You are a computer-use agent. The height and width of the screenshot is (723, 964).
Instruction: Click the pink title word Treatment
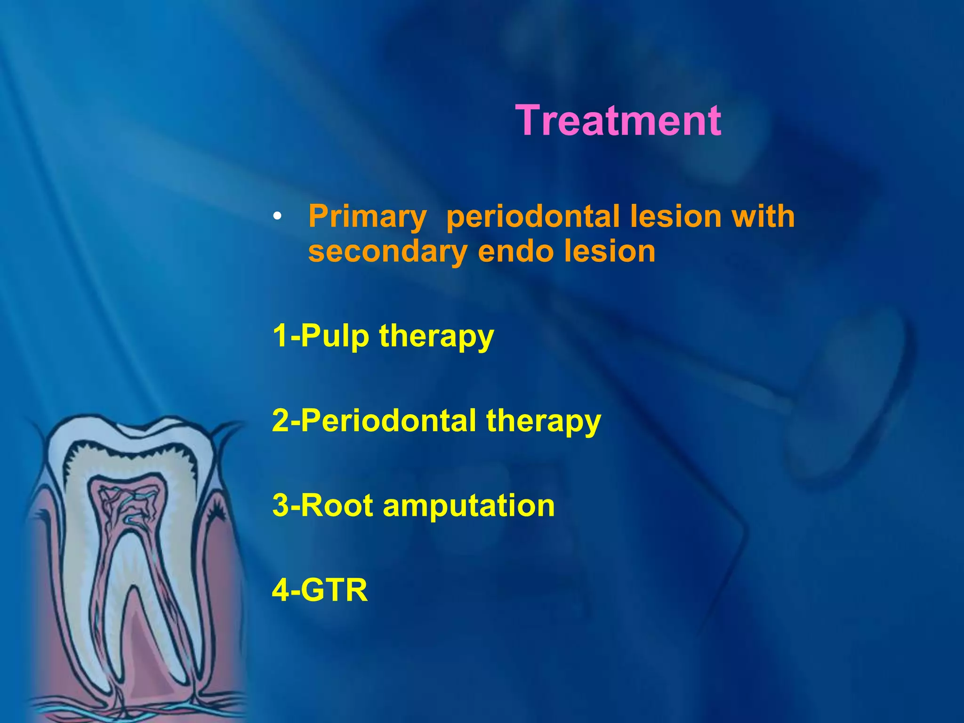point(618,121)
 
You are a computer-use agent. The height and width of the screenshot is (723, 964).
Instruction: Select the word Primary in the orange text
point(367,217)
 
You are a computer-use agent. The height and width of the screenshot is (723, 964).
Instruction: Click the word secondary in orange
point(387,252)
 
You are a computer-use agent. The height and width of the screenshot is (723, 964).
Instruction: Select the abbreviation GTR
point(334,590)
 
